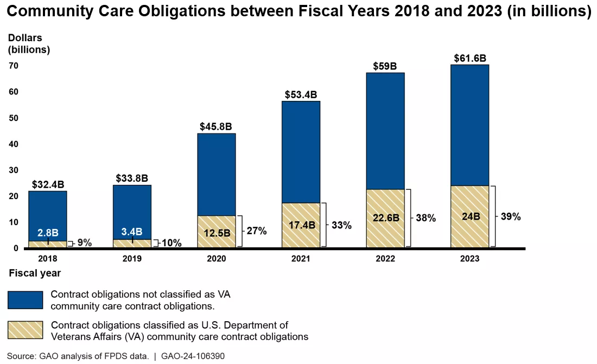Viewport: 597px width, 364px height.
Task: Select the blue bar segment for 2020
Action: pyautogui.click(x=217, y=174)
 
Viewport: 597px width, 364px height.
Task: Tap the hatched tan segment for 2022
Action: pyautogui.click(x=385, y=218)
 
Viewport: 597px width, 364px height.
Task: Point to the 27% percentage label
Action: pyautogui.click(x=256, y=231)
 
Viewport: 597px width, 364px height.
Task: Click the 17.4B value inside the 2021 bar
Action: pyautogui.click(x=301, y=225)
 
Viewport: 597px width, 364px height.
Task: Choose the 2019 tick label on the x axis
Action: pyautogui.click(x=132, y=259)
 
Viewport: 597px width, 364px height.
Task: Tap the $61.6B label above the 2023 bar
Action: pyautogui.click(x=469, y=58)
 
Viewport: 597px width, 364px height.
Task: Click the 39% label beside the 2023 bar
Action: pyautogui.click(x=510, y=216)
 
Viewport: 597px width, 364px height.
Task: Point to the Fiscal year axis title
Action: pyautogui.click(x=35, y=273)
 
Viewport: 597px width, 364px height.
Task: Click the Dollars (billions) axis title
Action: pyautogui.click(x=29, y=44)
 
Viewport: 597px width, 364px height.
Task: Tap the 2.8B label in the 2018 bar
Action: pyautogui.click(x=48, y=232)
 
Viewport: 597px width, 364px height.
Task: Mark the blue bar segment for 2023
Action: pyautogui.click(x=469, y=125)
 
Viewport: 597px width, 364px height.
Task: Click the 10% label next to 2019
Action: pyautogui.click(x=172, y=243)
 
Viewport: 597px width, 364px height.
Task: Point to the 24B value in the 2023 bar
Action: pyautogui.click(x=470, y=216)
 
